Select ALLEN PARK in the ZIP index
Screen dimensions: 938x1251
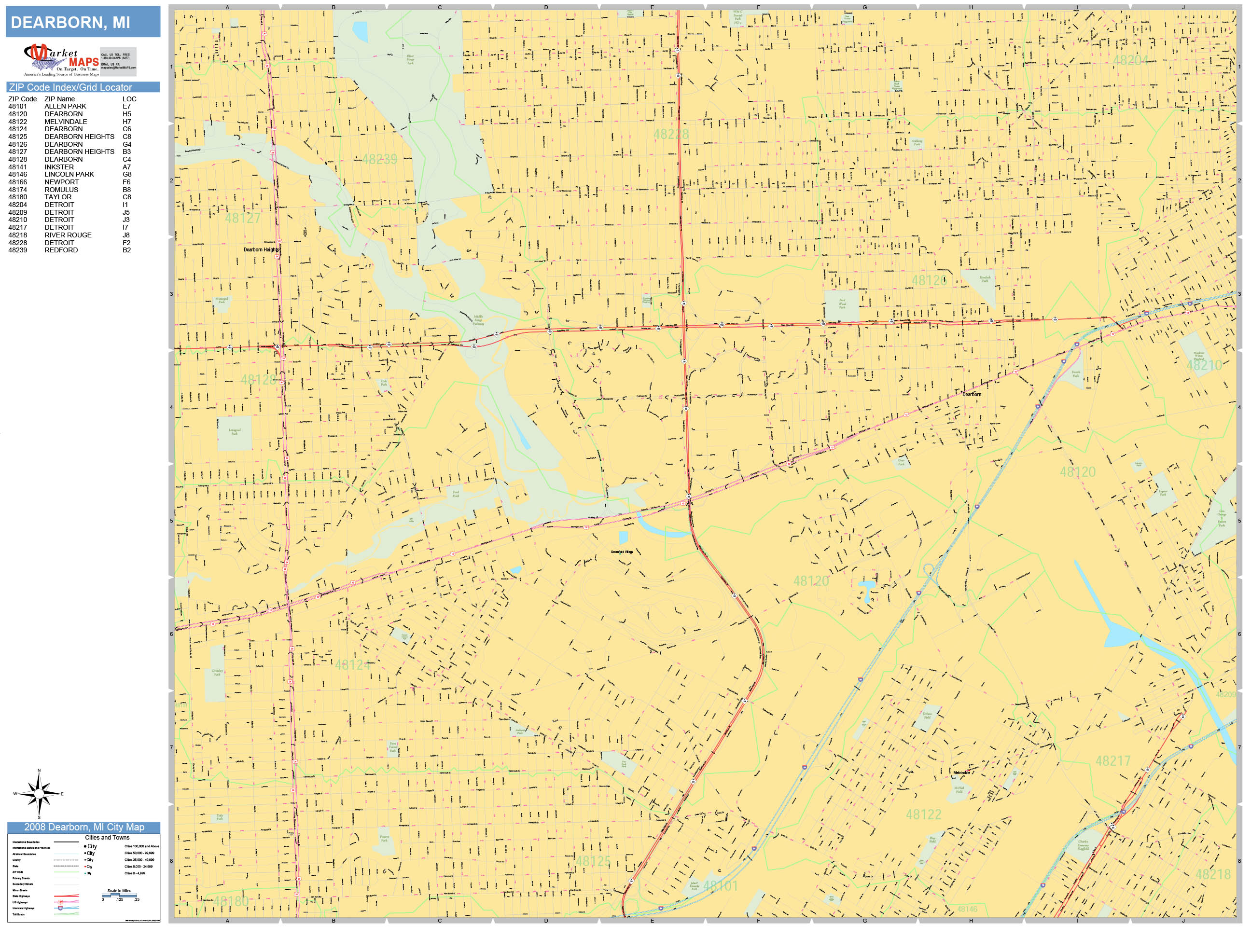[x=65, y=106]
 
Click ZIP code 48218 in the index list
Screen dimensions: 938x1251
[x=17, y=235]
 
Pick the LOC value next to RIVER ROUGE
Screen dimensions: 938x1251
[x=126, y=235]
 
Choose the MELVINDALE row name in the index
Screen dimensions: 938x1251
[x=66, y=122]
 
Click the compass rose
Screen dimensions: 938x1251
[x=39, y=794]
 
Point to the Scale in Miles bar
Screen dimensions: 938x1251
[x=119, y=896]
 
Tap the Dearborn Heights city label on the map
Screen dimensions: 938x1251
[x=261, y=250]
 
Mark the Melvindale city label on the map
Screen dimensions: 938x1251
[x=961, y=772]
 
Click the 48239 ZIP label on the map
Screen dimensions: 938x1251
[x=379, y=159]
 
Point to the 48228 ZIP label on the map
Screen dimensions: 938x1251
[x=671, y=135]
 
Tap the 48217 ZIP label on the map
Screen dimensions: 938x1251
[x=1112, y=761]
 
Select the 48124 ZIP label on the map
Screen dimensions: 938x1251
[x=352, y=665]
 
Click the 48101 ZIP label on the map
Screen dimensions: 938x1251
[x=721, y=886]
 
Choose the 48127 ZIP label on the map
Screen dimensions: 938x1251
[x=243, y=218]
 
